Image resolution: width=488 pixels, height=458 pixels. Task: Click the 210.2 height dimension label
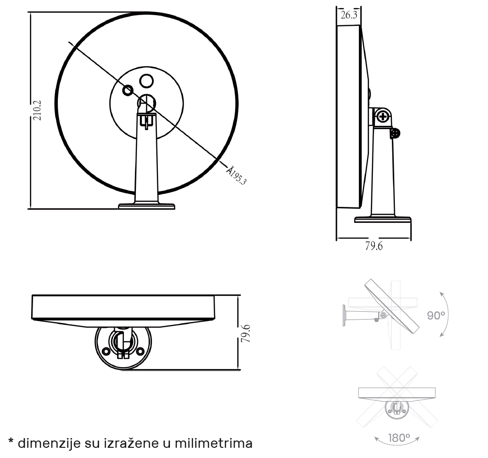pyautogui.click(x=37, y=110)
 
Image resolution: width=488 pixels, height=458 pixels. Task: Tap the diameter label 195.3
pyautogui.click(x=236, y=176)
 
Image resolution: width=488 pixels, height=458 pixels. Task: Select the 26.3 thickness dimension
pyautogui.click(x=349, y=15)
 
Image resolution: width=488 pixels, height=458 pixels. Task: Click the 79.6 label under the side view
pyautogui.click(x=374, y=246)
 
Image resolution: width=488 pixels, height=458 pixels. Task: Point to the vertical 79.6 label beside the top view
pyautogui.click(x=246, y=334)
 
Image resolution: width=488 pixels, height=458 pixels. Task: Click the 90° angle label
pyautogui.click(x=436, y=315)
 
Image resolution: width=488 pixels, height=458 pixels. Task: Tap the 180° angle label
pyautogui.click(x=399, y=438)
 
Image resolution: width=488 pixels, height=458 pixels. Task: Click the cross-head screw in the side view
pyautogui.click(x=383, y=117)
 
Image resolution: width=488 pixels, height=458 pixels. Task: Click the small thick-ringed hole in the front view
pyautogui.click(x=128, y=91)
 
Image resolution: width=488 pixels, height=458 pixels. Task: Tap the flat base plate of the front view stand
pyautogui.click(x=147, y=206)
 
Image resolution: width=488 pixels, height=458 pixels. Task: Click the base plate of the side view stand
pyautogui.click(x=383, y=219)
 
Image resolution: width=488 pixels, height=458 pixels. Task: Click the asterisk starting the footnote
pyautogui.click(x=11, y=441)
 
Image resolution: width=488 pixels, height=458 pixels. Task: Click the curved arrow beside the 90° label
pyautogui.click(x=447, y=314)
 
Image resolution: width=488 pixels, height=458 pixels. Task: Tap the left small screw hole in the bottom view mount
pyautogui.click(x=106, y=351)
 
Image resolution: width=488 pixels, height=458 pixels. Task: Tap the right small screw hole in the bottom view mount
pyautogui.click(x=140, y=351)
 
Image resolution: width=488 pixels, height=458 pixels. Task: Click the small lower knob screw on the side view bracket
pyautogui.click(x=395, y=134)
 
